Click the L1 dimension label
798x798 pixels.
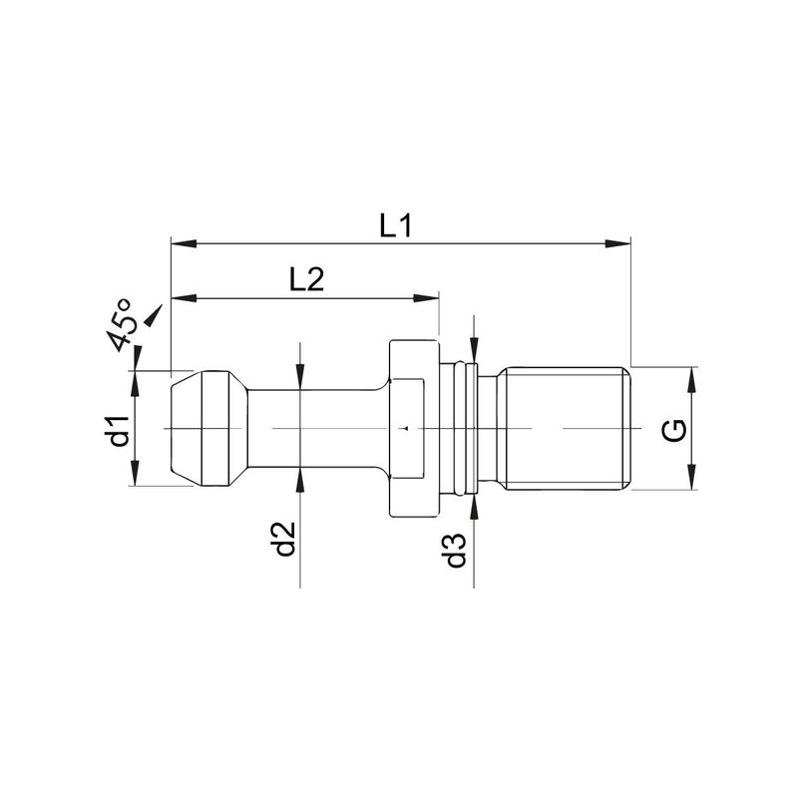click(x=395, y=226)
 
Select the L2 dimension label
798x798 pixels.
click(x=307, y=279)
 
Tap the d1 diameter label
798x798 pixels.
click(x=119, y=430)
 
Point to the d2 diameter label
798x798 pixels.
click(x=285, y=539)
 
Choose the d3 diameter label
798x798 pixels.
click(x=456, y=551)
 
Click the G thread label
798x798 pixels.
click(x=674, y=430)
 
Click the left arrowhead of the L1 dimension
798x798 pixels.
click(x=185, y=243)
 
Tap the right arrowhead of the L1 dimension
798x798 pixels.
click(x=617, y=243)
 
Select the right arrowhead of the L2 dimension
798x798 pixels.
click(x=426, y=298)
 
